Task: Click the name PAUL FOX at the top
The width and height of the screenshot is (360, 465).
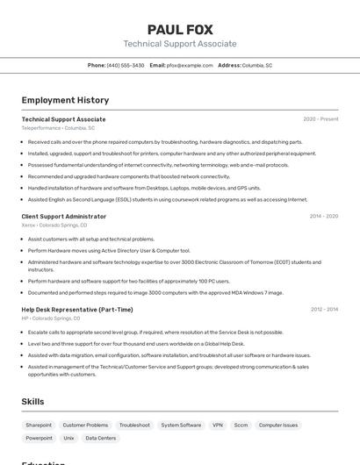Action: [179, 29]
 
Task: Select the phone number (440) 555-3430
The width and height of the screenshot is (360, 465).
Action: [126, 65]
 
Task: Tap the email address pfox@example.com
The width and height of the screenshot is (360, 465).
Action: [190, 65]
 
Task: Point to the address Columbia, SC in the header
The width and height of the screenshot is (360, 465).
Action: [257, 65]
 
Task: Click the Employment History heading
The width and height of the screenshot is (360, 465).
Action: [65, 100]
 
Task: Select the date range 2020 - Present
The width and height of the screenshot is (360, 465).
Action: [320, 119]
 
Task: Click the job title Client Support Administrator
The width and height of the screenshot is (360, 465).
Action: [63, 216]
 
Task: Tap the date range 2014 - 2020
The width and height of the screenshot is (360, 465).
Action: [323, 216]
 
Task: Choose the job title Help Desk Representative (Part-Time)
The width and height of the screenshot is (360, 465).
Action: [77, 310]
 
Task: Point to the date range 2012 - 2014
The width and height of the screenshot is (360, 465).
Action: [323, 310]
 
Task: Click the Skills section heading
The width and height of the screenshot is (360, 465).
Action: [32, 401]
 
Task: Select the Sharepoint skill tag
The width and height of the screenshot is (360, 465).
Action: [39, 425]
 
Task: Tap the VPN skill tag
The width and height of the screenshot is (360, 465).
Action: [218, 425]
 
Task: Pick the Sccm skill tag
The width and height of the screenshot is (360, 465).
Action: [241, 425]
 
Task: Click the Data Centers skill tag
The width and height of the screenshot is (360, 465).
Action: [100, 438]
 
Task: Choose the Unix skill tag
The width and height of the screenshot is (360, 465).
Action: [68, 438]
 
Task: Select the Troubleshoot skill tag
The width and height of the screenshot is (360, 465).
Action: [134, 425]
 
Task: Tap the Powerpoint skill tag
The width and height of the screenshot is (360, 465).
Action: [39, 438]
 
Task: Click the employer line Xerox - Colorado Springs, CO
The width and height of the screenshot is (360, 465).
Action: [54, 225]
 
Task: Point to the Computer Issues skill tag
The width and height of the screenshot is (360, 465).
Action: [278, 425]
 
